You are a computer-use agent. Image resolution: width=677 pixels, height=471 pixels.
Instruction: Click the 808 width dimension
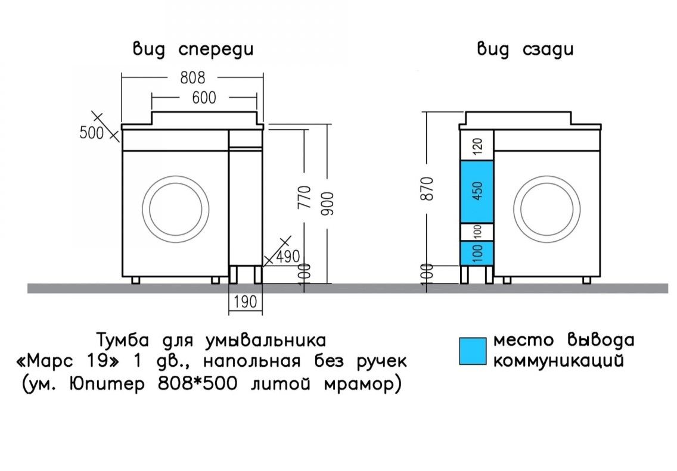(x=192, y=77)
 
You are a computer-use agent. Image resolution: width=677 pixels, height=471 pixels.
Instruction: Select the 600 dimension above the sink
(x=204, y=98)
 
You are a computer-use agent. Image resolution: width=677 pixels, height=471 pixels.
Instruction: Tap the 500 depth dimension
(x=92, y=133)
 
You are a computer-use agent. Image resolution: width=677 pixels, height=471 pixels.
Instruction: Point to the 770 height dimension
(x=304, y=197)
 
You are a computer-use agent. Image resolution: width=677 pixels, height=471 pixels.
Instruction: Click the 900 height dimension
(x=328, y=203)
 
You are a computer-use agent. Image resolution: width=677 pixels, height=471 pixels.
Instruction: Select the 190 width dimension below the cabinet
(x=246, y=302)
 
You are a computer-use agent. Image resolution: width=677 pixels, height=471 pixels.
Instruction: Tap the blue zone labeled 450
(x=477, y=191)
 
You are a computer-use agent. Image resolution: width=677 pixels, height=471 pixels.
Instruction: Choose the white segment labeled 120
(x=477, y=145)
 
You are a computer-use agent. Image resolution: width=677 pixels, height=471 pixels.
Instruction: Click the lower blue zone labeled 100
(x=477, y=252)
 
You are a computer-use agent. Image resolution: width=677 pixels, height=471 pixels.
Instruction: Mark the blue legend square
(x=474, y=351)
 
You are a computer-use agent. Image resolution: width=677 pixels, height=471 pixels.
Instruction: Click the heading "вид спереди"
(x=192, y=49)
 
